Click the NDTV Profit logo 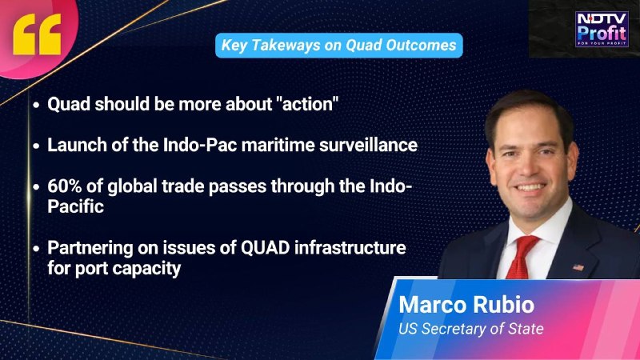click(x=602, y=29)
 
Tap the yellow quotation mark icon click(x=37, y=34)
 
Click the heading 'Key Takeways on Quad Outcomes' click(x=338, y=46)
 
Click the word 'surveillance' click(x=368, y=146)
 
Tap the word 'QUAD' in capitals click(x=265, y=248)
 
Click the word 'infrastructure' click(x=350, y=248)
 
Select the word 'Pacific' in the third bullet click(x=75, y=206)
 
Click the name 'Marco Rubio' click(x=466, y=305)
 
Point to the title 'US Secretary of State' click(x=471, y=329)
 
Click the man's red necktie click(x=522, y=257)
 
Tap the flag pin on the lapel click(x=578, y=268)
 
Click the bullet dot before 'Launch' click(x=37, y=146)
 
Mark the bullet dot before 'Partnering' click(x=37, y=249)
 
